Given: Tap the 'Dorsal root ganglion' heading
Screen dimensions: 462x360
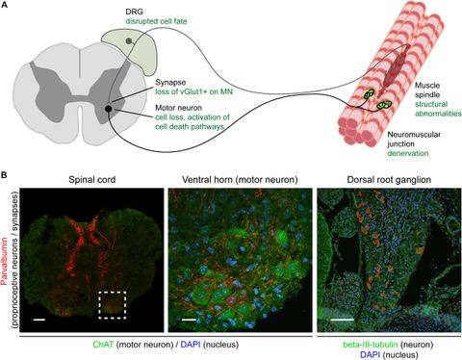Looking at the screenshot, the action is click(385, 179).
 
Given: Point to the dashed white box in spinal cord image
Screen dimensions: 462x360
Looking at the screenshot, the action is click(114, 307).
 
